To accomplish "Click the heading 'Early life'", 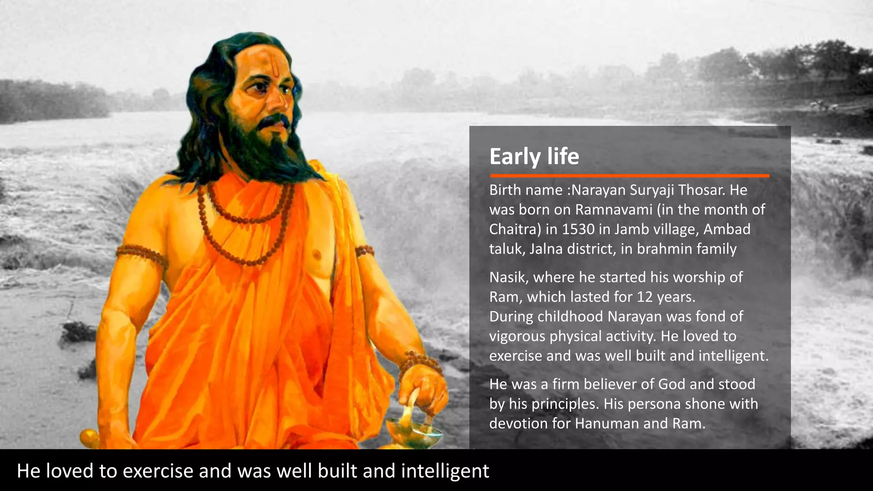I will (x=534, y=156).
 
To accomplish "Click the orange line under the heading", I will (x=630, y=176).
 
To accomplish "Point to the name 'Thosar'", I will (x=702, y=190).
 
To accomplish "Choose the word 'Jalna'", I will (x=544, y=249).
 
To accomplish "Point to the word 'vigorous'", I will (x=517, y=337).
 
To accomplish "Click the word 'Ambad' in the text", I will (x=726, y=229).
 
